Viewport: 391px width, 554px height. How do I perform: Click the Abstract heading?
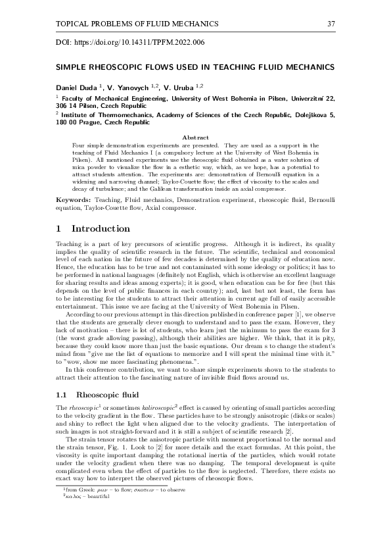[195, 138]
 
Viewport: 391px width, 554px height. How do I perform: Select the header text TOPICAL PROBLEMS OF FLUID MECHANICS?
[128, 24]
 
